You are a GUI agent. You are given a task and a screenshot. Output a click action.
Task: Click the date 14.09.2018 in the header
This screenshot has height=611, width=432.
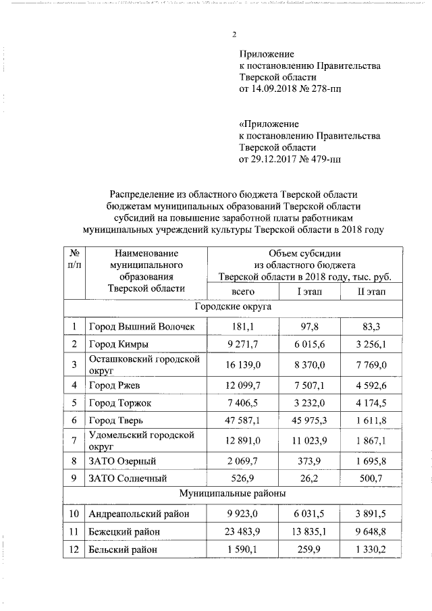275,88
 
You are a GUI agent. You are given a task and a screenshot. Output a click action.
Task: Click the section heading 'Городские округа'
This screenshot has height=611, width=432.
233,307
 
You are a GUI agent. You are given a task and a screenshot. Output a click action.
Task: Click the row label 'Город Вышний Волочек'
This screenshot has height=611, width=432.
142,327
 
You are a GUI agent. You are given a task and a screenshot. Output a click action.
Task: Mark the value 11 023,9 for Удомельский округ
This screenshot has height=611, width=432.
310,440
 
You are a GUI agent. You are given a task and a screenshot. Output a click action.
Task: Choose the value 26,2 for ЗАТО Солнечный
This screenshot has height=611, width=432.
310,478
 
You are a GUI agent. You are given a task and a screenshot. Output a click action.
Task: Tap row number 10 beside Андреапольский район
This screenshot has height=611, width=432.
74,514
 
